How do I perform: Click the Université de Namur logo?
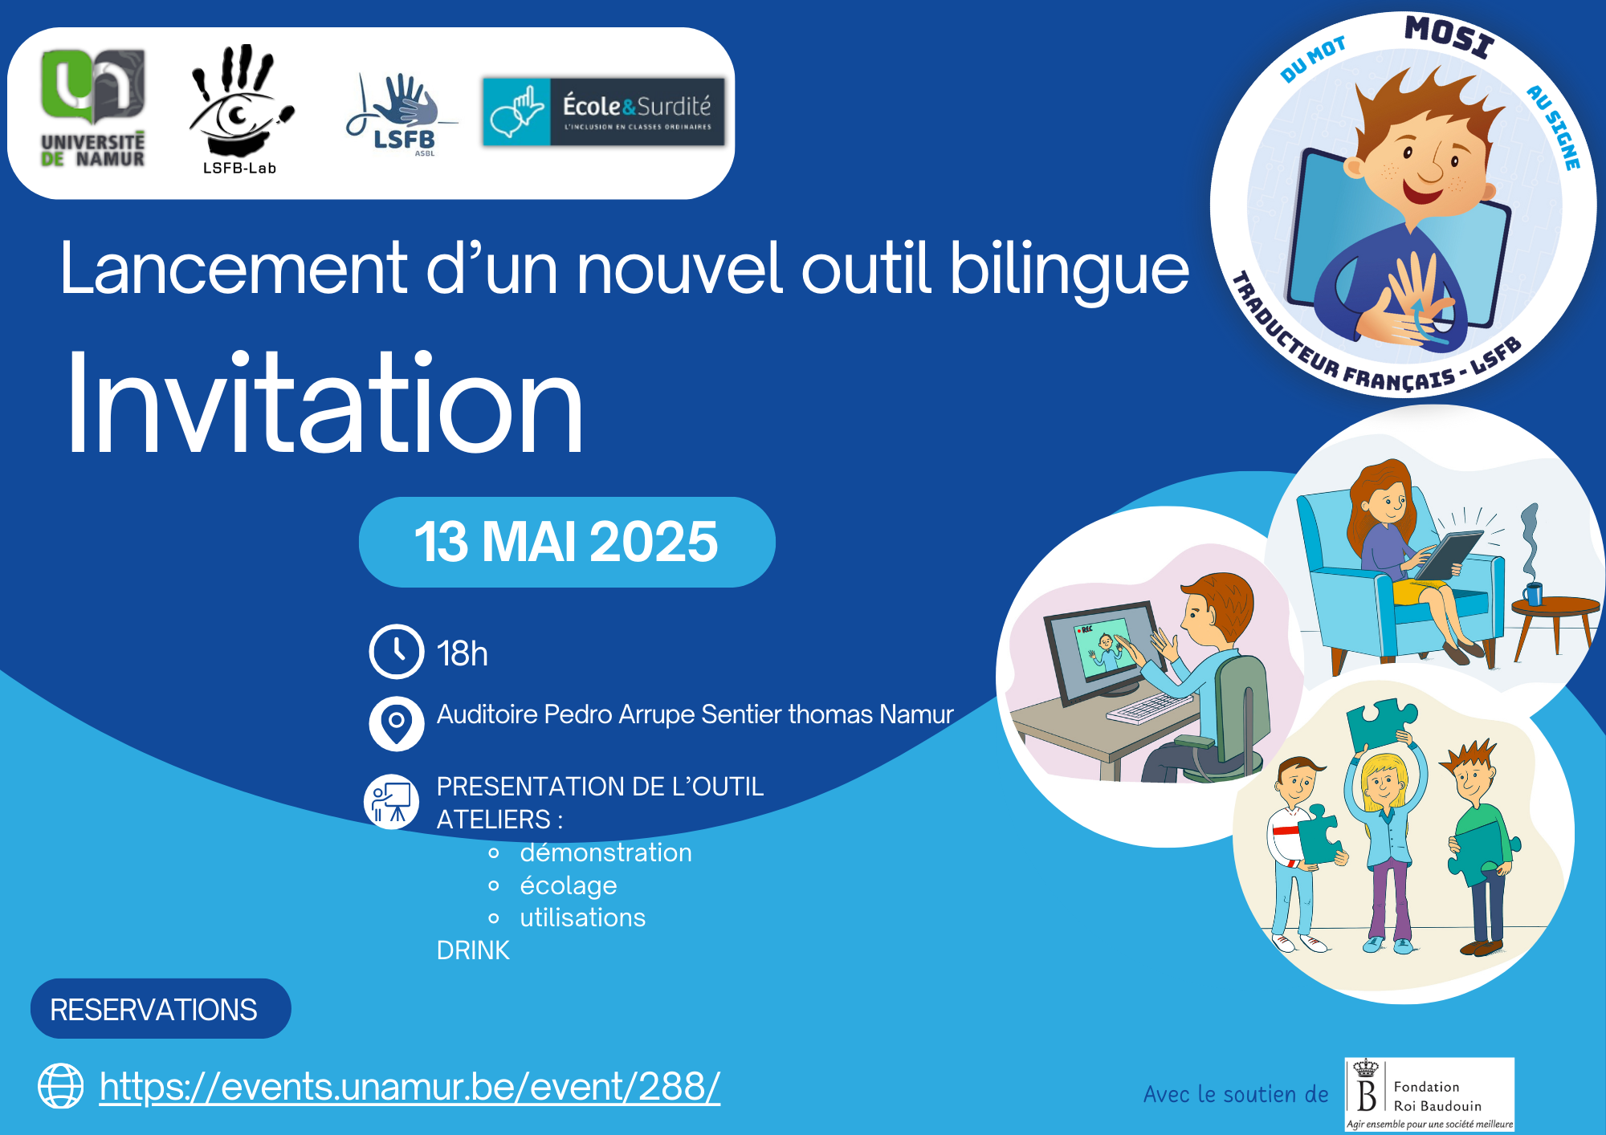point(93,108)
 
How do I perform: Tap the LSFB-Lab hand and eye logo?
point(240,109)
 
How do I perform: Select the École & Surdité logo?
point(603,111)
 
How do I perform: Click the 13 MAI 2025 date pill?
point(567,542)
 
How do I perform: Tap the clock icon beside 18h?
point(397,652)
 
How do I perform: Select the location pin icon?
point(397,723)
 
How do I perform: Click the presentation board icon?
point(392,802)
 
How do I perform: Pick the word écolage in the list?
point(569,885)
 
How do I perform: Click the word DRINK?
point(473,950)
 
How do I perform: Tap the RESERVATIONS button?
point(161,1009)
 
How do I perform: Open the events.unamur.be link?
point(410,1087)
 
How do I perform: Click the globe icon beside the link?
point(61,1086)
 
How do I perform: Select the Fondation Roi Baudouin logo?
point(1429,1094)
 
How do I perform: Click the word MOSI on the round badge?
point(1450,37)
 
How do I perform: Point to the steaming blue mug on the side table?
point(1533,593)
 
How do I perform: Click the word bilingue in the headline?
point(1070,270)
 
